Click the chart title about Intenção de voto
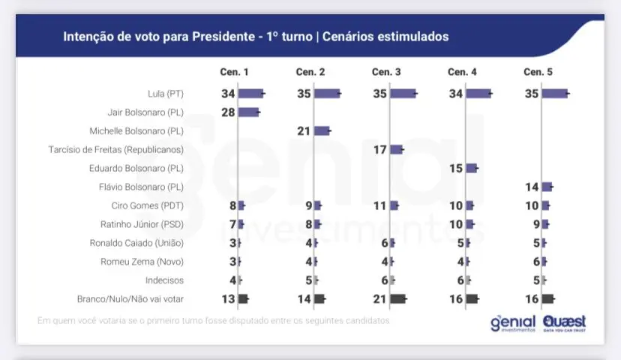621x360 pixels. point(255,36)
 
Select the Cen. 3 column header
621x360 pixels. point(386,72)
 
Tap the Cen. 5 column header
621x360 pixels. point(538,72)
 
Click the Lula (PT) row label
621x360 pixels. point(166,94)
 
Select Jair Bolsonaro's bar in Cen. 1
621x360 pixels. point(248,112)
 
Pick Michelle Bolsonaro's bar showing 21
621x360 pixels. point(322,130)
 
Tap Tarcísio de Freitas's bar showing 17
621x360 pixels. point(396,149)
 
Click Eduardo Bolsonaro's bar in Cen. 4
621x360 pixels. point(471,168)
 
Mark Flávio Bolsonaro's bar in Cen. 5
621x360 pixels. point(547,187)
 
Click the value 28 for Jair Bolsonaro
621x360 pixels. point(228,112)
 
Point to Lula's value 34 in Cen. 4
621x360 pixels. point(455,94)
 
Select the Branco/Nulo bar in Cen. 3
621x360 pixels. point(397,298)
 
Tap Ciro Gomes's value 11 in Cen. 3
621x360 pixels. point(379,205)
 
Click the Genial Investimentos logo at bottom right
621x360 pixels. point(513,323)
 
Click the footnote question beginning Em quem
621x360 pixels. point(214,320)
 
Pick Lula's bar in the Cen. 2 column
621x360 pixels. point(327,94)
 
